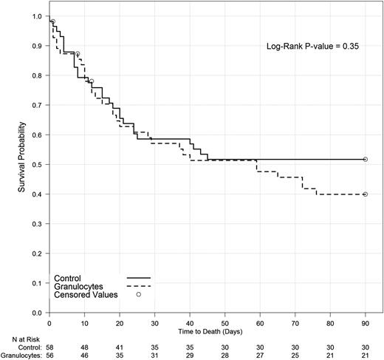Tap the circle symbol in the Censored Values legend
pyautogui.click(x=138, y=294)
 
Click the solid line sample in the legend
pyautogui.click(x=138, y=277)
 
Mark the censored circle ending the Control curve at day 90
pyautogui.click(x=366, y=159)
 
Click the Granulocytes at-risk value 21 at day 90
pyautogui.click(x=365, y=354)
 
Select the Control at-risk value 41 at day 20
pyautogui.click(x=119, y=345)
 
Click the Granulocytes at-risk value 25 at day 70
pyautogui.click(x=295, y=354)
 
